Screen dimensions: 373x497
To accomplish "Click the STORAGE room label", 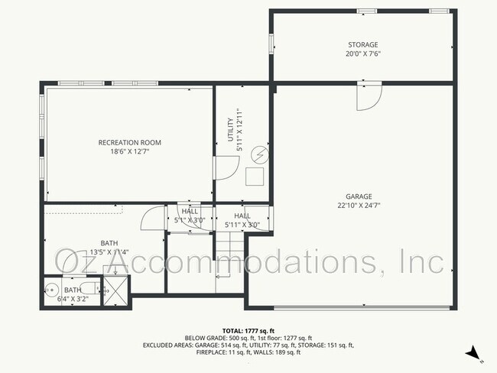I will [362, 45].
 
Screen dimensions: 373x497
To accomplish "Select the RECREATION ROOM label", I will [129, 142].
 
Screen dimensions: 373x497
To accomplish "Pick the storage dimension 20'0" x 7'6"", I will [362, 54].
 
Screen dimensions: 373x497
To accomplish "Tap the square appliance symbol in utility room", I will [254, 177].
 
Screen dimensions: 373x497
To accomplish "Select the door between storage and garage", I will [368, 96].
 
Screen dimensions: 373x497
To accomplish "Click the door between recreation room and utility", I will [223, 168].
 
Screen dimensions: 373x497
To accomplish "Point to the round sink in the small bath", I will [51, 289].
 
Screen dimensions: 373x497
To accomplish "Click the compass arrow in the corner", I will [473, 352].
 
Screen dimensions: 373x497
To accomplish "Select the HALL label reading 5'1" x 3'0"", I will [189, 216].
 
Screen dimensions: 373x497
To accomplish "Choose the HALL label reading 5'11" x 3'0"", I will [242, 221].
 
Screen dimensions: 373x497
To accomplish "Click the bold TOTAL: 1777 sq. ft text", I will [248, 329].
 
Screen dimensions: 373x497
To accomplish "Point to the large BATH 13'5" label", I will [109, 247].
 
